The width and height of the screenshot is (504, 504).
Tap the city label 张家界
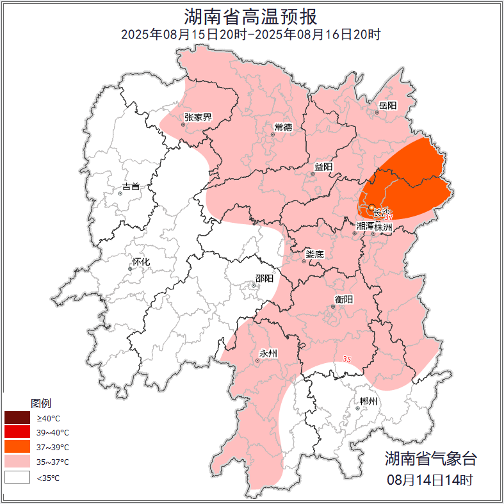pos(198,117)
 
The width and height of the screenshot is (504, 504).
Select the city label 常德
pos(283,127)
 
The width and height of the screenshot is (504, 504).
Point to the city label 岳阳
pos(387,105)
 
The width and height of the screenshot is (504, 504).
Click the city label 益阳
pos(323,167)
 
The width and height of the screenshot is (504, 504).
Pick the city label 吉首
pos(131,187)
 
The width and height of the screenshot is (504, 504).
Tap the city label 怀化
pos(141,262)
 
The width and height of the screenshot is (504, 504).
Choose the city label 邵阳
pos(264,278)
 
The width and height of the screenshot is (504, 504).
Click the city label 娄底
pos(314,254)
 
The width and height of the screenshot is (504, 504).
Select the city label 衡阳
pos(344,299)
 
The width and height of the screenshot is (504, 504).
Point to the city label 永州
pos(268,353)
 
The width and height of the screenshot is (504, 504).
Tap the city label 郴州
pos(368,402)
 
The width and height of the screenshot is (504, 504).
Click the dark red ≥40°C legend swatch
pos(17,418)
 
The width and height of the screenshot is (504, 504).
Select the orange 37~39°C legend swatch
pos(17,447)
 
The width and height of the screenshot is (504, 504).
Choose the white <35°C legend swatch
pos(17,477)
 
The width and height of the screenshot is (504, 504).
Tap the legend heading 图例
pos(41,403)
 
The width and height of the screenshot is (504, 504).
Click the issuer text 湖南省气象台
pos(430,459)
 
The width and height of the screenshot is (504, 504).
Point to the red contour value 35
pos(347,359)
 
